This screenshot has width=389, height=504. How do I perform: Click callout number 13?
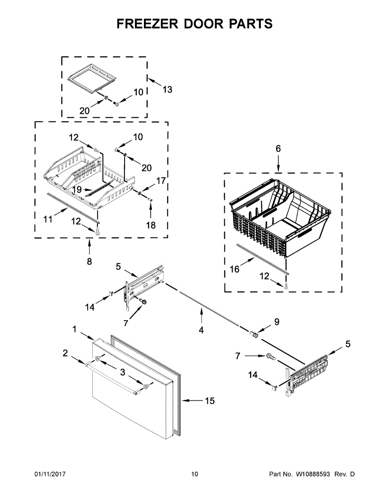pyautogui.click(x=167, y=89)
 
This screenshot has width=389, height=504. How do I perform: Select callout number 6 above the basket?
pyautogui.click(x=278, y=148)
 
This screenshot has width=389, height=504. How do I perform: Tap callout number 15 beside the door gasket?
pyautogui.click(x=209, y=401)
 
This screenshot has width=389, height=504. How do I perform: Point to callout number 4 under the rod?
pyautogui.click(x=201, y=330)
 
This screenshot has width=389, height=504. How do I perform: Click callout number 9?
pyautogui.click(x=277, y=322)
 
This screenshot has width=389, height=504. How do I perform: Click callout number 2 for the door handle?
pyautogui.click(x=65, y=353)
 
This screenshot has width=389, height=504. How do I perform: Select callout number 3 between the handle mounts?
pyautogui.click(x=123, y=372)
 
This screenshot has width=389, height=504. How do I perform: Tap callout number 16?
pyautogui.click(x=235, y=269)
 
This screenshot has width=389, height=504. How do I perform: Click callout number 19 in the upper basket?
pyautogui.click(x=76, y=190)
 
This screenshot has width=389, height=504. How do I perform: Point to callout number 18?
pyautogui.click(x=151, y=225)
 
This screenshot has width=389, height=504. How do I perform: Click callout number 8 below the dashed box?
pyautogui.click(x=89, y=262)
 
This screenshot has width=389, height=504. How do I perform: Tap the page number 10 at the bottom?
pyautogui.click(x=194, y=474)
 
